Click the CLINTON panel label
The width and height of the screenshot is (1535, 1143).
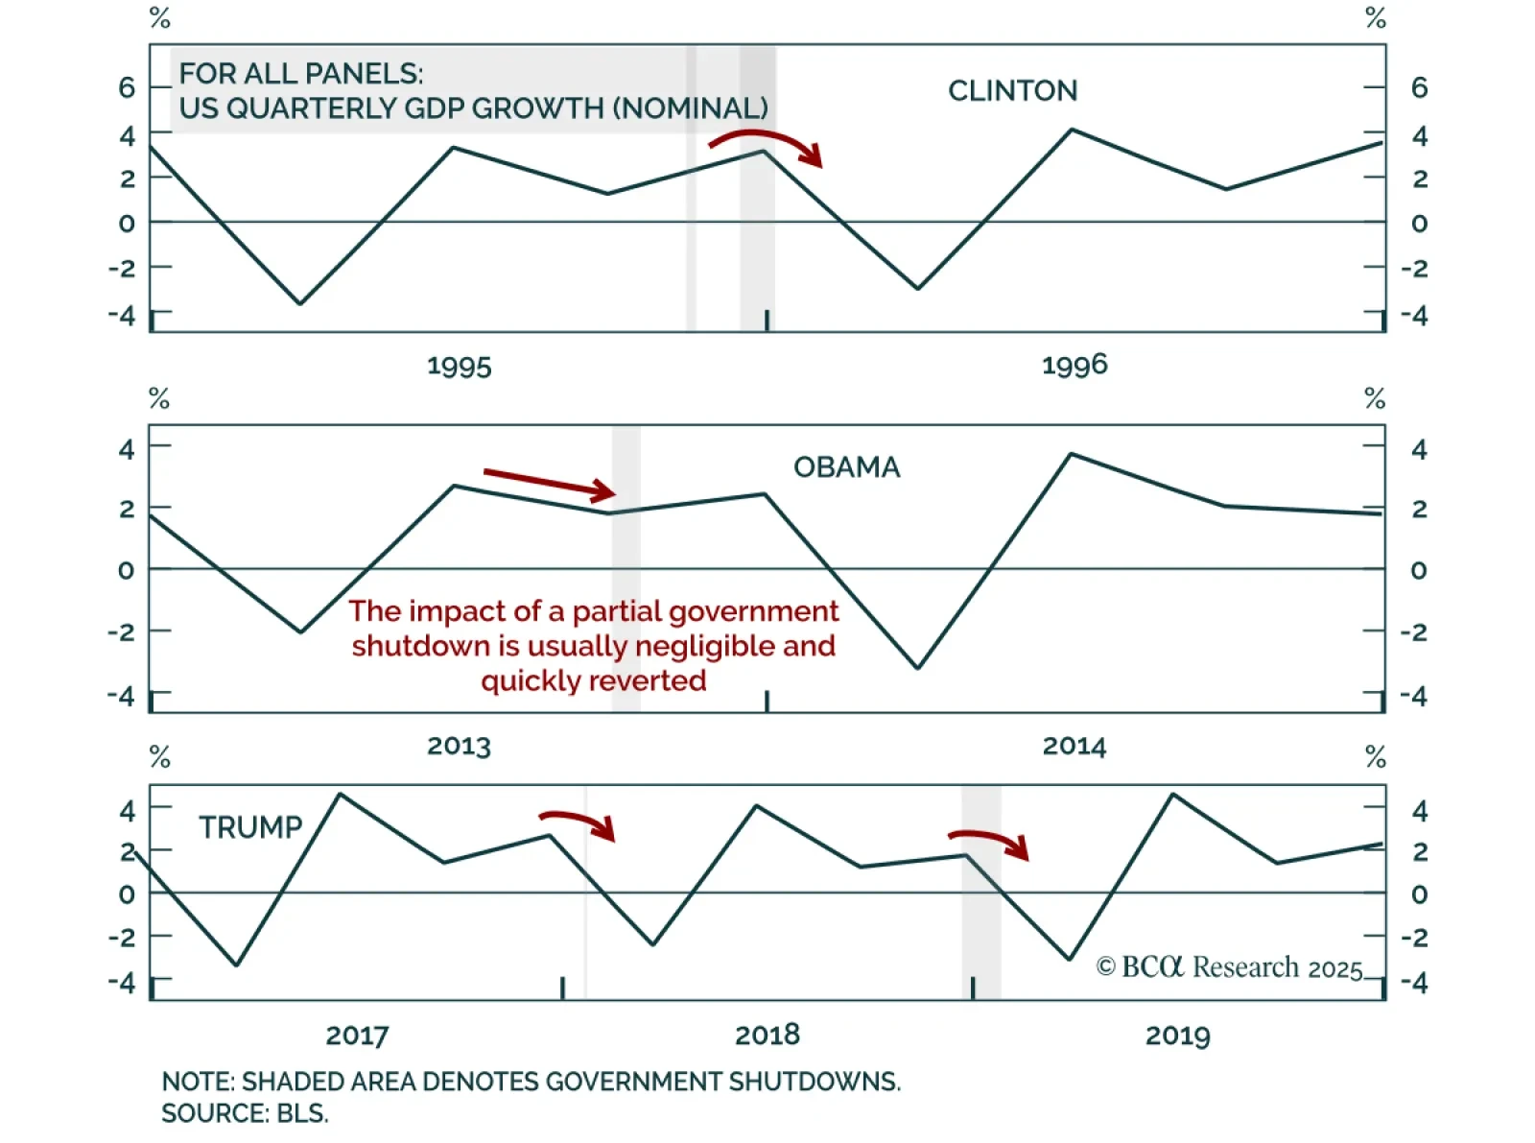[1012, 91]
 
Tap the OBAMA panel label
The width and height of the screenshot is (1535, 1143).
[846, 467]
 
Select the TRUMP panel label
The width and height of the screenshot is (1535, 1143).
[250, 827]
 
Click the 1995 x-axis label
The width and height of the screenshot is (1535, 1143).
[459, 367]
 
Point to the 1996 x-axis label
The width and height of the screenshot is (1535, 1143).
[1074, 365]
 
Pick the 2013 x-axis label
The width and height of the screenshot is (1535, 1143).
[459, 747]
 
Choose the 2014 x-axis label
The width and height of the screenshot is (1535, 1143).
[1074, 747]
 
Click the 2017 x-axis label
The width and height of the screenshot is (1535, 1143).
[357, 1036]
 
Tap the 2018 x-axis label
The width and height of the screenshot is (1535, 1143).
[767, 1036]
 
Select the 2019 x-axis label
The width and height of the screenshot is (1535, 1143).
[1177, 1036]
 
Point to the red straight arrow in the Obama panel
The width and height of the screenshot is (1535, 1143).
[550, 485]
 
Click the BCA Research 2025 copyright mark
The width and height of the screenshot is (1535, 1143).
[1229, 967]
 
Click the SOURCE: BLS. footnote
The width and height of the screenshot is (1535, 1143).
[245, 1114]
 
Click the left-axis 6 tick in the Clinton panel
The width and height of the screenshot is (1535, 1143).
[127, 88]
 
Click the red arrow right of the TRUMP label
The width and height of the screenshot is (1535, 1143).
[578, 823]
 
